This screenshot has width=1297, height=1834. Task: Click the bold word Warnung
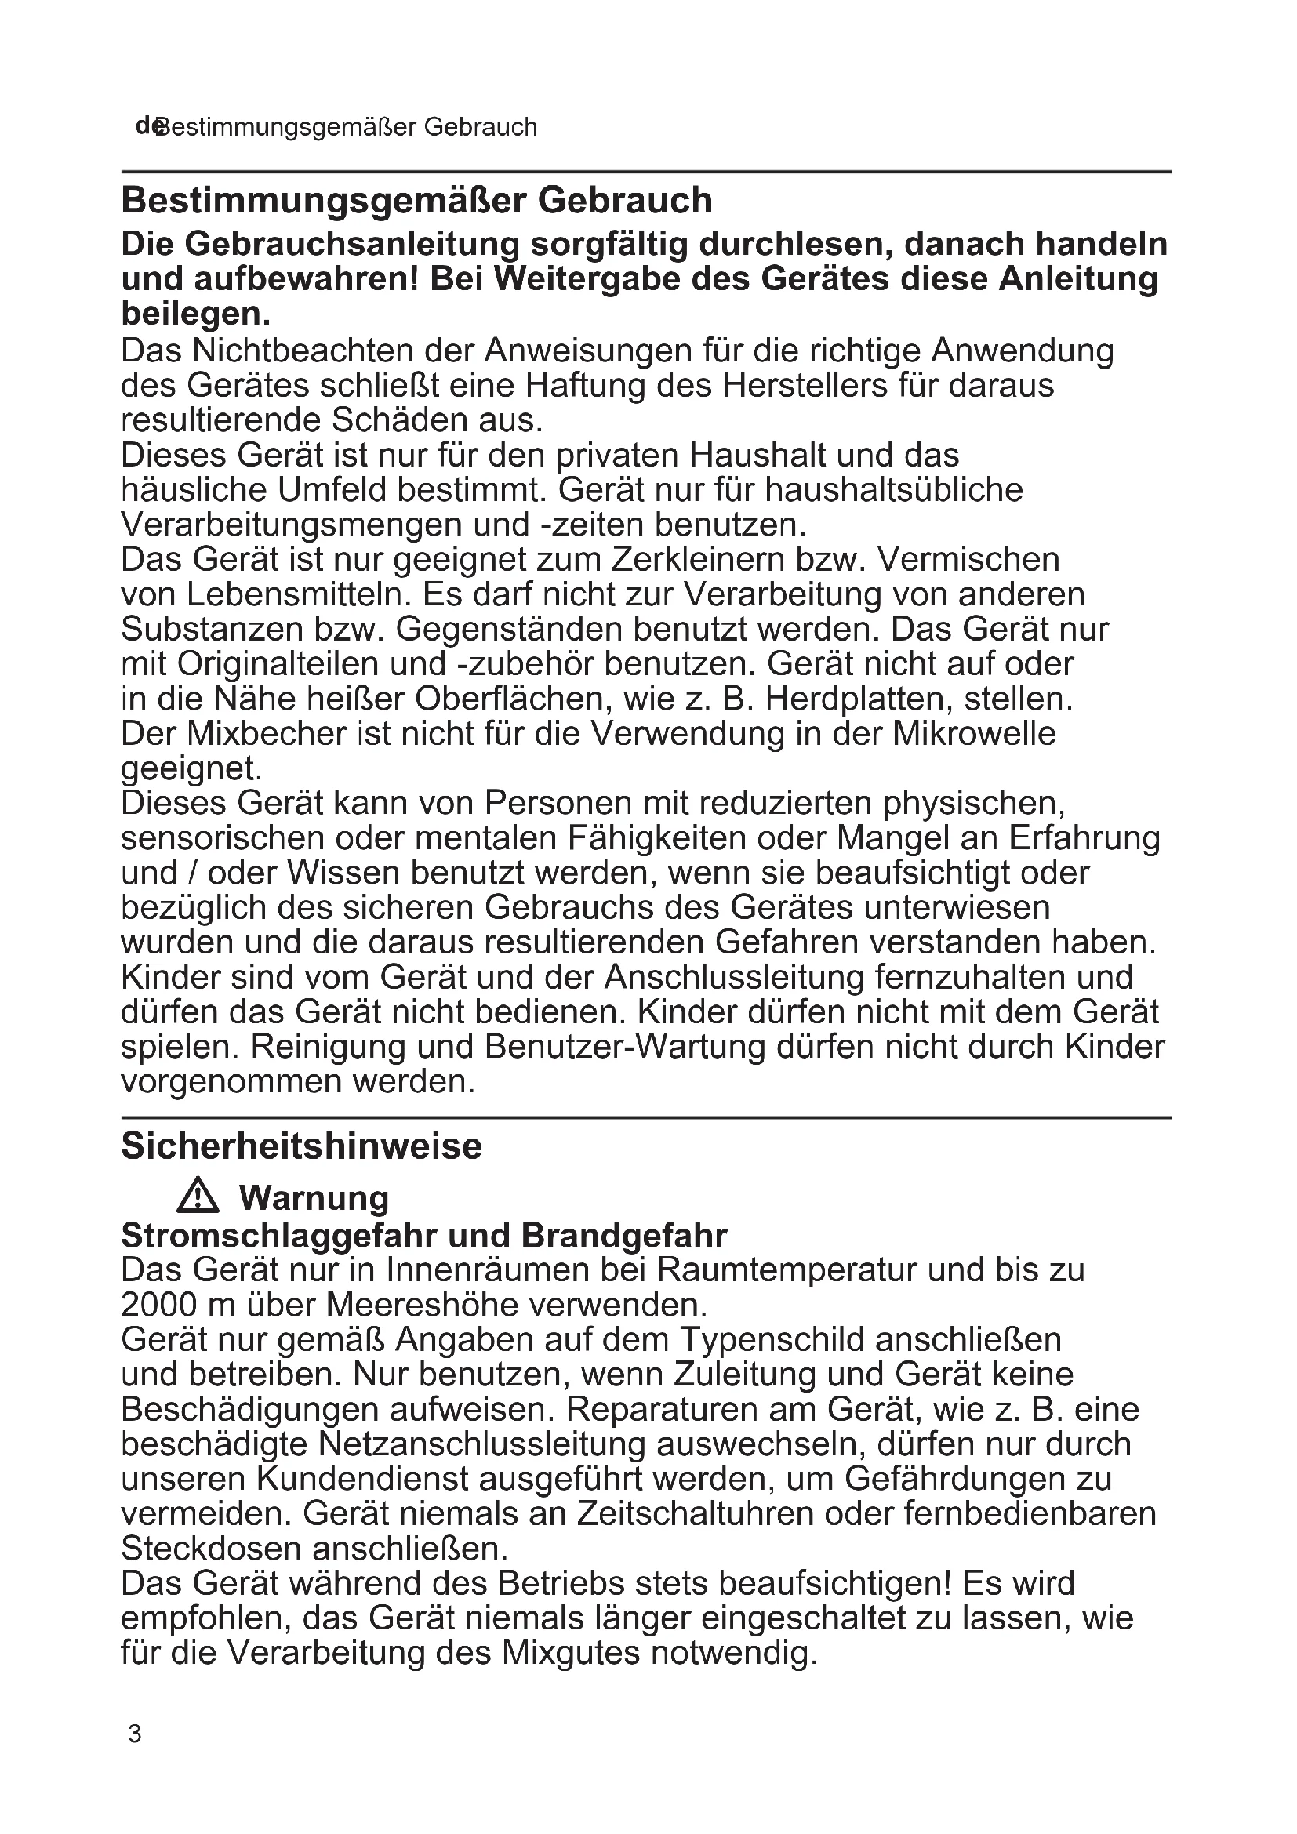[314, 1197]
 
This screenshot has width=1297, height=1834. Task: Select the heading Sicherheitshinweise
[302, 1146]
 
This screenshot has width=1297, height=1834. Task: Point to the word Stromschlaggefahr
[278, 1236]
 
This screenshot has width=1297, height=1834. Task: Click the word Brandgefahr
[624, 1236]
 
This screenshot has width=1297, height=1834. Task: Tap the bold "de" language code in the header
[146, 125]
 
